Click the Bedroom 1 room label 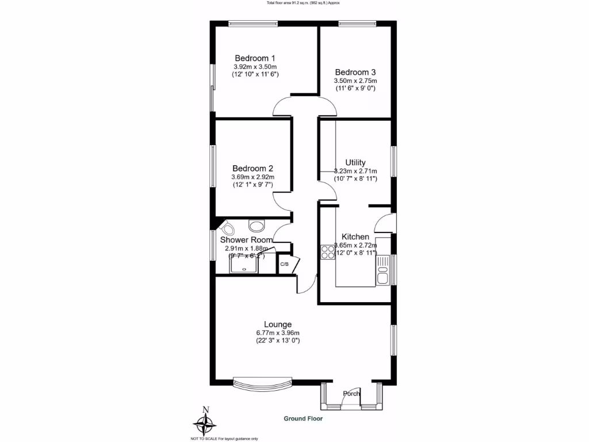point(255,58)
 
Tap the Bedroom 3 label point(355,72)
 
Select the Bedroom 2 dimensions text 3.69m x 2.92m point(253,177)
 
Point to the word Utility point(355,162)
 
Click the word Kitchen point(355,237)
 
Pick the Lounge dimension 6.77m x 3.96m point(278,333)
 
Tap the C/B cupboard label point(284,265)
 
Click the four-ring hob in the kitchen point(328,252)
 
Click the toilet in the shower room point(225,226)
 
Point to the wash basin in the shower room point(254,224)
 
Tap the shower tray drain point(244,268)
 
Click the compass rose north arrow point(204,423)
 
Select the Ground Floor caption point(303,418)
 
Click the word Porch point(351,394)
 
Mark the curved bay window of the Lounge point(262,383)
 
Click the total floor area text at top point(303,3)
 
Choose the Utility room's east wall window point(394,162)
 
